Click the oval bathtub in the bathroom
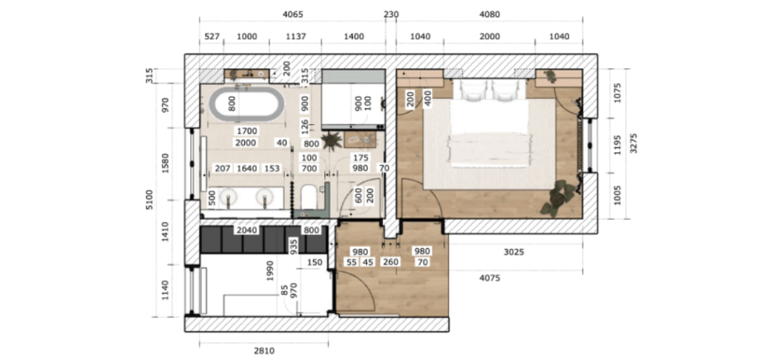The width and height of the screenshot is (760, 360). (x=247, y=105)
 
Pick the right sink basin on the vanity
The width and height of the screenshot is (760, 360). (x=264, y=197)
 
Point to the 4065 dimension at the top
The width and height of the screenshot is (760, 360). (x=293, y=14)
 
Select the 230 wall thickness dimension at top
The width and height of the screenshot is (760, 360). (x=390, y=14)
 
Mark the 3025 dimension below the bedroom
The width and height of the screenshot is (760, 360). (x=514, y=252)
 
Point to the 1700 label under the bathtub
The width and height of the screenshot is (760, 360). (x=246, y=131)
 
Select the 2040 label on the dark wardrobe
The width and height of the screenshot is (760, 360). (x=246, y=230)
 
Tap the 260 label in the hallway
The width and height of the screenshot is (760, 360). (x=390, y=261)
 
